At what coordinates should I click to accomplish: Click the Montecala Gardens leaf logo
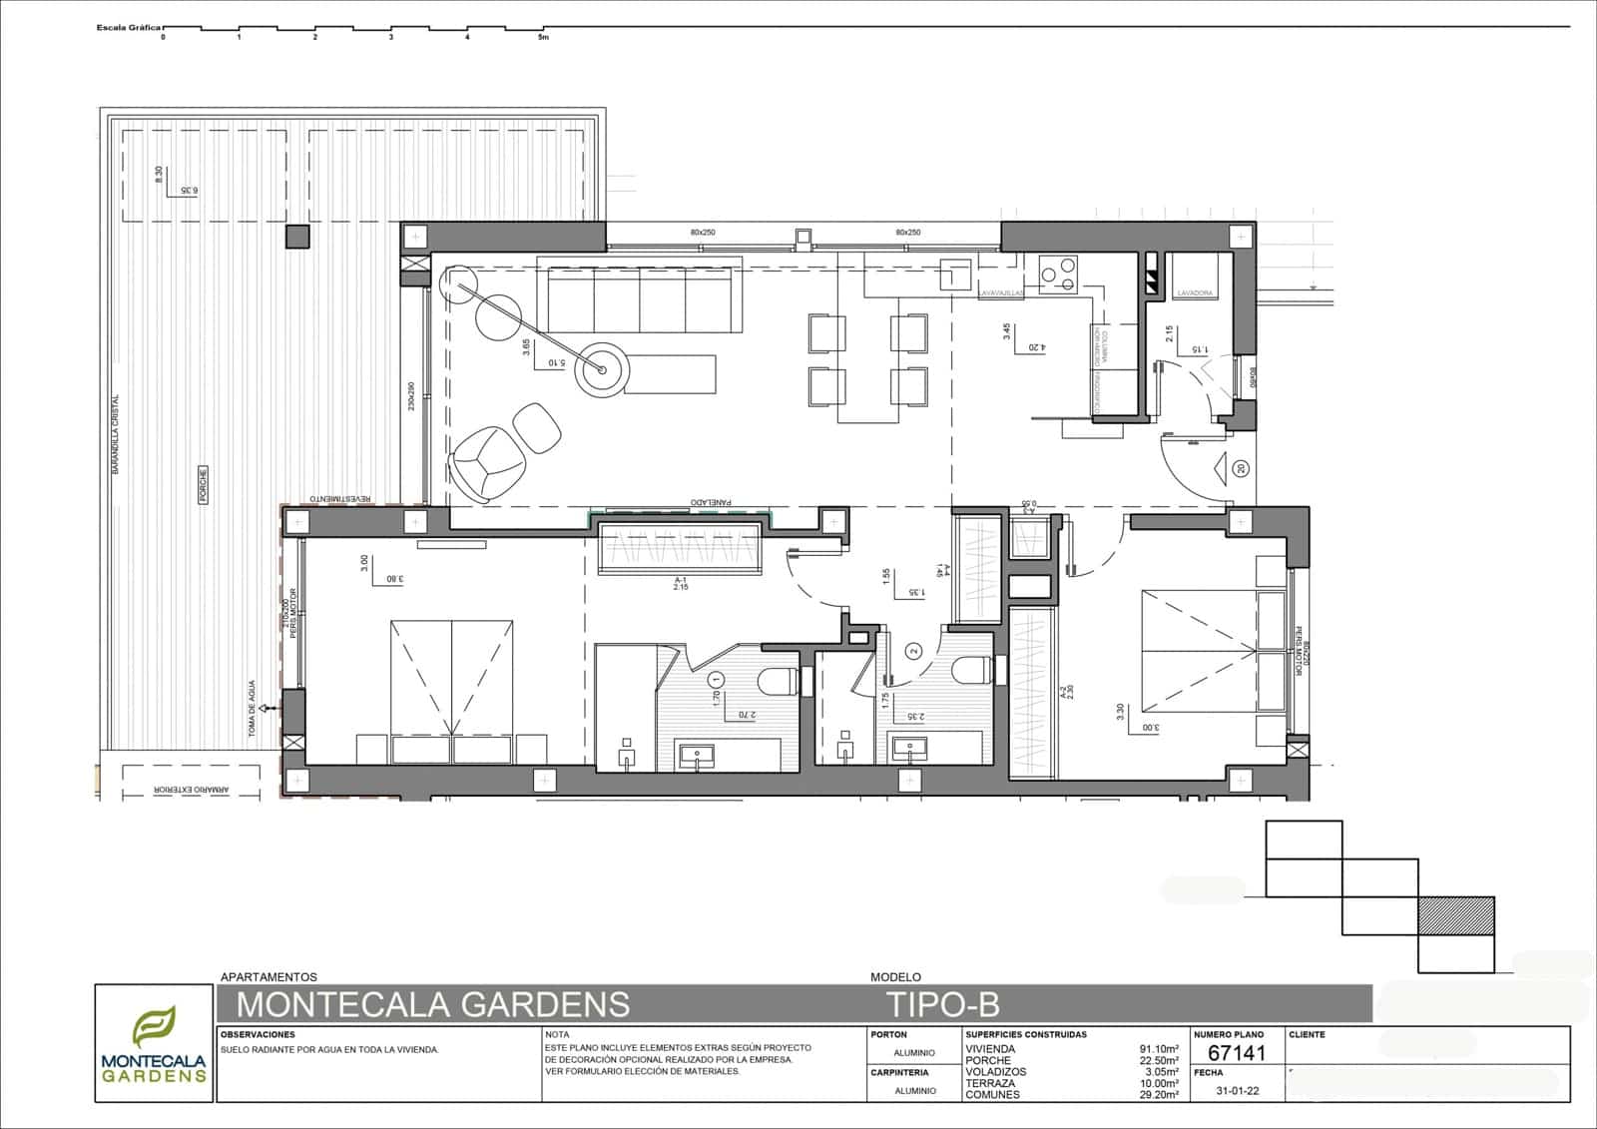point(154,1028)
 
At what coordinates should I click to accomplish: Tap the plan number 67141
point(1237,1053)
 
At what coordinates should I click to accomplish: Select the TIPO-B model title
point(942,1002)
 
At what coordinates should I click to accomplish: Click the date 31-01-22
point(1238,1091)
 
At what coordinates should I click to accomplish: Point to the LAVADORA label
point(1195,293)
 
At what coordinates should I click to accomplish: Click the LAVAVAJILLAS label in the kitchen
point(1001,293)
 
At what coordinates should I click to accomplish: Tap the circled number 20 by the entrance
point(1241,468)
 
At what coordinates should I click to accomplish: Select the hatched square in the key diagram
point(1456,915)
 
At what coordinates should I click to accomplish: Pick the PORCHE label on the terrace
point(203,484)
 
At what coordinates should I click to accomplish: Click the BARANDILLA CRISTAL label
point(116,432)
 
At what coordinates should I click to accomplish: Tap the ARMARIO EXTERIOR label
point(192,790)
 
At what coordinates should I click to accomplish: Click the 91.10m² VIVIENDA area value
point(1159,1049)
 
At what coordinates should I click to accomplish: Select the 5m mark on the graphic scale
point(543,37)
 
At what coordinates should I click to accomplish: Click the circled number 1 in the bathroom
point(715,680)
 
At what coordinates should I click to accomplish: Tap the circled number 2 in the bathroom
point(912,651)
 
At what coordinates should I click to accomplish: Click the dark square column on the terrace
point(297,237)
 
